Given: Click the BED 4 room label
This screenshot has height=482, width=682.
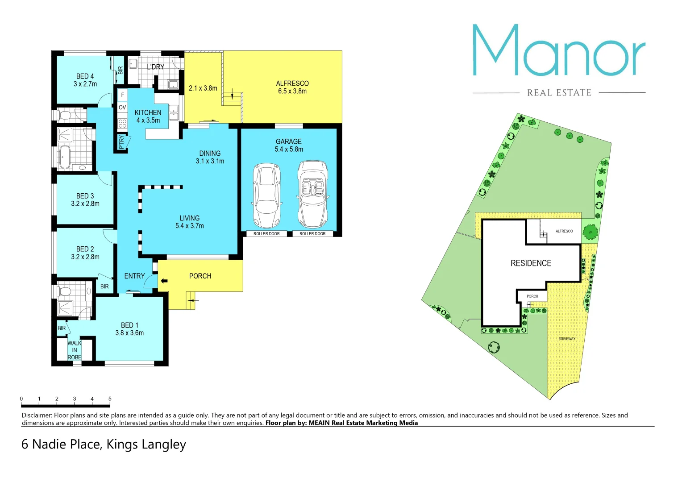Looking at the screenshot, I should pyautogui.click(x=85, y=80).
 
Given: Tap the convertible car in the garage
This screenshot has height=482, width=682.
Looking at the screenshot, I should pyautogui.click(x=313, y=195).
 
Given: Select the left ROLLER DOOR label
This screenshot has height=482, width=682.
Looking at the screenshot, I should pyautogui.click(x=266, y=234).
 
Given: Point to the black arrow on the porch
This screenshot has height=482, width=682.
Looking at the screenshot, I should pyautogui.click(x=164, y=281).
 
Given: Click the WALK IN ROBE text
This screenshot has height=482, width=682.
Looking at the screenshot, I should pyautogui.click(x=75, y=350).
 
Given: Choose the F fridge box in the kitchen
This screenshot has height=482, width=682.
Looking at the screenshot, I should pyautogui.click(x=123, y=95).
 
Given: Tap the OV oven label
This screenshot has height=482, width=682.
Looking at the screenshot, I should pyautogui.click(x=122, y=108).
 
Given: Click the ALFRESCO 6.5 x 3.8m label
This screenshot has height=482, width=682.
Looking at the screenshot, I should pyautogui.click(x=292, y=87).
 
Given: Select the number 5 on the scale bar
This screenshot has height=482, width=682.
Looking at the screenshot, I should pyautogui.click(x=110, y=399).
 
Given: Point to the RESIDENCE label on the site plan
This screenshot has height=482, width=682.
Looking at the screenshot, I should pyautogui.click(x=531, y=263).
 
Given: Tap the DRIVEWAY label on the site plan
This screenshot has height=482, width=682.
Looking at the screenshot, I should pyautogui.click(x=567, y=339).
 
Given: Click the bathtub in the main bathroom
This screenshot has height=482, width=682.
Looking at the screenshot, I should pyautogui.click(x=65, y=157).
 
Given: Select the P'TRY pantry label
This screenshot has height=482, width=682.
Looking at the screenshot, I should pyautogui.click(x=121, y=142).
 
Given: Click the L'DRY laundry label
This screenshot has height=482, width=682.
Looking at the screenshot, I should pyautogui.click(x=155, y=67).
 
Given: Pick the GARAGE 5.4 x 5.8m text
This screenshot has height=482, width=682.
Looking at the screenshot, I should pyautogui.click(x=289, y=145).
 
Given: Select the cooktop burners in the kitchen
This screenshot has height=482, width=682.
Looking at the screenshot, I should pyautogui.click(x=123, y=124).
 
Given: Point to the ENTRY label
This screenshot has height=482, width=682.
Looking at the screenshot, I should pyautogui.click(x=134, y=276).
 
